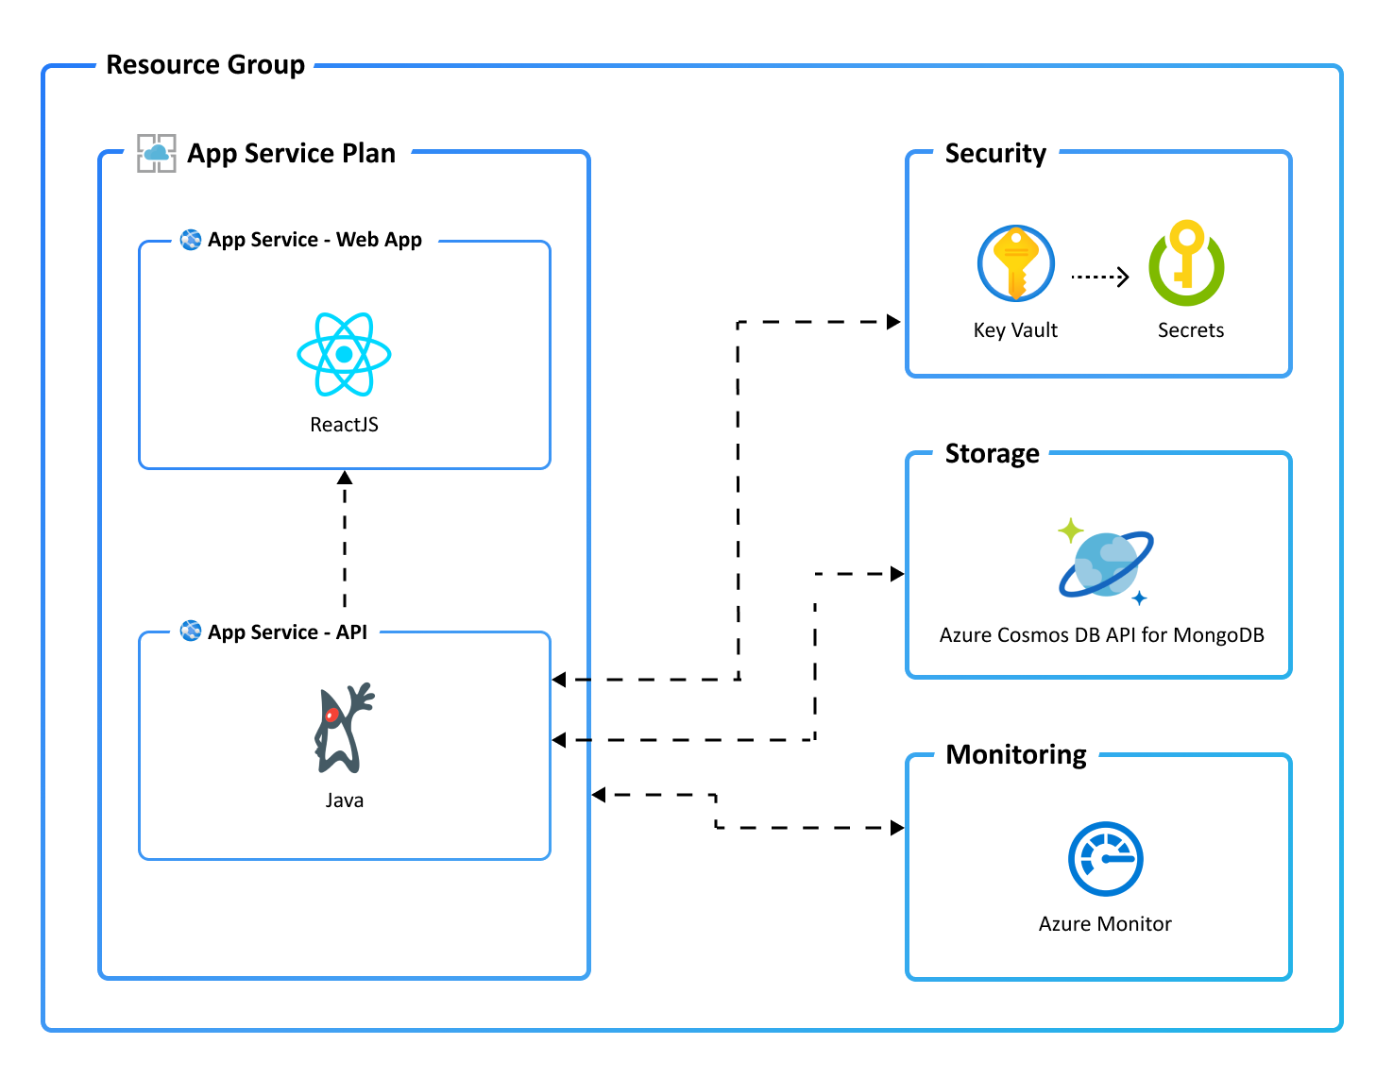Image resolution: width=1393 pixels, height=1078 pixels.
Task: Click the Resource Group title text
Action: coord(205,65)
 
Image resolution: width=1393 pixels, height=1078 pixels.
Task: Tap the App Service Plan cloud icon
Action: coord(156,153)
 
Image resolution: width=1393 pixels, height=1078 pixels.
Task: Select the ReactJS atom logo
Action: coord(344,354)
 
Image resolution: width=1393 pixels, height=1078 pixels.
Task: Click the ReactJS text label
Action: coord(344,425)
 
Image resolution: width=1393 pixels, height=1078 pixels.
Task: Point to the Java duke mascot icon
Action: coord(343,728)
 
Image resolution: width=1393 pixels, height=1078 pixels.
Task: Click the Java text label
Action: coord(344,800)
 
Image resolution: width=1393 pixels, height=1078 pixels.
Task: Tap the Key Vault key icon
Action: coord(1015,263)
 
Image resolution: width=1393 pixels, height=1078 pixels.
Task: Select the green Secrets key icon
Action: coord(1186,263)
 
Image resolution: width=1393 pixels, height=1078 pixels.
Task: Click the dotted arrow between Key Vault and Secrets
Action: coord(1100,277)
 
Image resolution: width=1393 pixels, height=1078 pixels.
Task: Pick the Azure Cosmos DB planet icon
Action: coord(1105,564)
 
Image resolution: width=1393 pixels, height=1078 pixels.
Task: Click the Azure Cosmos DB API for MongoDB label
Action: coord(1101,635)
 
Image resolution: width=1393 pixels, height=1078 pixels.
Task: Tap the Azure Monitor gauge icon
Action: coord(1105,859)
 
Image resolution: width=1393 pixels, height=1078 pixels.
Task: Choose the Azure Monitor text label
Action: coord(1105,924)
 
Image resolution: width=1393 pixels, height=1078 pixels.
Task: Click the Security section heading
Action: coord(995,153)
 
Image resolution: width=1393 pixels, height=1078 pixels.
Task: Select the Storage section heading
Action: coord(992,454)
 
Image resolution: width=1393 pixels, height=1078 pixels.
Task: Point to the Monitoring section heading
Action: coord(1016,755)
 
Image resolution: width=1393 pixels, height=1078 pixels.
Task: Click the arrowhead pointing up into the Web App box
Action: coord(345,478)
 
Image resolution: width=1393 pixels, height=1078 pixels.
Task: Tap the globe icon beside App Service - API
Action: coord(191,631)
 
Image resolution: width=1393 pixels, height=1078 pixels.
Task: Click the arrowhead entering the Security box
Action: coord(893,322)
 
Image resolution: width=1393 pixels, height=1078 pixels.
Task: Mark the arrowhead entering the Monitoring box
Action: coord(897,828)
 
